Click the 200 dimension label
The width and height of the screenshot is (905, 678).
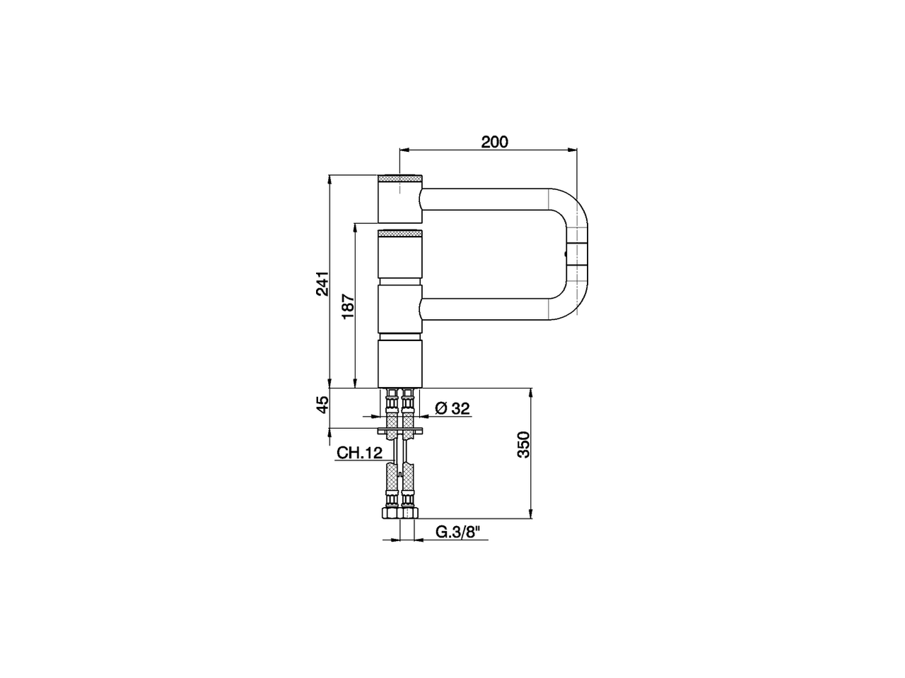(494, 142)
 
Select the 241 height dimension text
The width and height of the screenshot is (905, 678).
(322, 283)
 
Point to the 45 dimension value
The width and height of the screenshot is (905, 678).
(322, 405)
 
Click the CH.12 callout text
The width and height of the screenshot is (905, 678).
(359, 453)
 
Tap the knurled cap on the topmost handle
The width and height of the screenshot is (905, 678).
(400, 177)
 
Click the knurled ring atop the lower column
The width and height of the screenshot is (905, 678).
(400, 234)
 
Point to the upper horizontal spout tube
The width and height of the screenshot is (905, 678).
(488, 199)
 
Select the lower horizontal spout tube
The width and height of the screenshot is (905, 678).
(488, 308)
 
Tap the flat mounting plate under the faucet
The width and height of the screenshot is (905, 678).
(400, 430)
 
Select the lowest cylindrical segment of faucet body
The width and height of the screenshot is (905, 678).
(400, 363)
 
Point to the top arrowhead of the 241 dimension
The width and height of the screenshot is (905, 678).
(330, 179)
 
